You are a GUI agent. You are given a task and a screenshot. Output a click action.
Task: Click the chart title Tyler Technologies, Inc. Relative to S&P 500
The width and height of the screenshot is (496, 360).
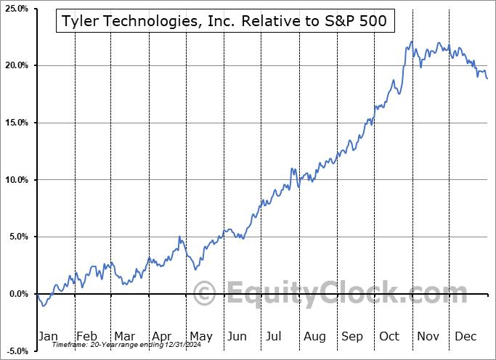[x=225, y=22]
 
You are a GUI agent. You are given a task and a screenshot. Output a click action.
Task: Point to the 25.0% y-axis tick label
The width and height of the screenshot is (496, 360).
[x=16, y=9]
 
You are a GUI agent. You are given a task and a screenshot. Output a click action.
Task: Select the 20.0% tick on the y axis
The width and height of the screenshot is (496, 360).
[x=16, y=66]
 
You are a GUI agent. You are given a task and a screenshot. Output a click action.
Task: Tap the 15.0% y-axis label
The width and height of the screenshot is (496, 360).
[x=16, y=123]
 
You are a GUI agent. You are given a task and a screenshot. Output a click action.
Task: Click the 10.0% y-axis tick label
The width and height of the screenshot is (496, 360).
[x=16, y=180]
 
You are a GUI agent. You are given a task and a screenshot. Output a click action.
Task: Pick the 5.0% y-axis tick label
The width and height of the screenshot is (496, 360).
[x=17, y=237]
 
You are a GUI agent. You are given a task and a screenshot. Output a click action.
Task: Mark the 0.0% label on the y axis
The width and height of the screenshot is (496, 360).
[x=17, y=294]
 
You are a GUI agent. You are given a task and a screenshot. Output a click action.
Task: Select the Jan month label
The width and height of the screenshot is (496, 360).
[x=49, y=336]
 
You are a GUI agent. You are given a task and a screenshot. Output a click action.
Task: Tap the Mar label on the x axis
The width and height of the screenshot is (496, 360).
[x=124, y=336]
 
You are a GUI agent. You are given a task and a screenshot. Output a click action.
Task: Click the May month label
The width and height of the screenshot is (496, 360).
[x=200, y=336]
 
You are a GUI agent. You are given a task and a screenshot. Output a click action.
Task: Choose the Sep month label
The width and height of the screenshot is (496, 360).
[x=352, y=336]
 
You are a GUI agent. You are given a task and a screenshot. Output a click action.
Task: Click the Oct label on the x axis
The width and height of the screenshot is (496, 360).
[x=390, y=336]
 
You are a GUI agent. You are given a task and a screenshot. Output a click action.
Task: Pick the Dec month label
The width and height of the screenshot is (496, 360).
[x=465, y=336]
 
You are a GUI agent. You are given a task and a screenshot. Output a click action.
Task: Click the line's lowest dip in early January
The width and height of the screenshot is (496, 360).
[x=44, y=306]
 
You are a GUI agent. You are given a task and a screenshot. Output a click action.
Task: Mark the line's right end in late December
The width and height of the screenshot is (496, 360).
[x=487, y=78]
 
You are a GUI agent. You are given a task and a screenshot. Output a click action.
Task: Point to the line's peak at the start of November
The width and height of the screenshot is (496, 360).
[x=412, y=41]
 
